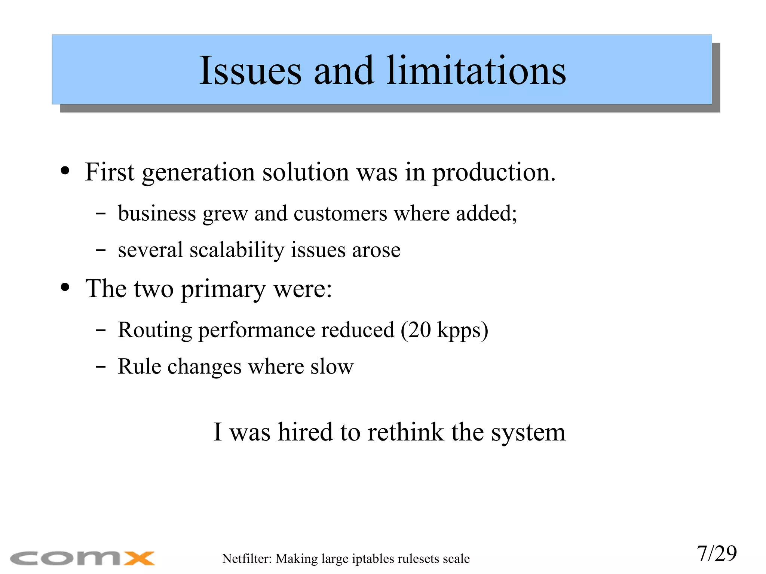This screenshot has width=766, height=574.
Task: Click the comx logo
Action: click(82, 558)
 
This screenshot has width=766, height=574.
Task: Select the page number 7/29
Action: click(716, 553)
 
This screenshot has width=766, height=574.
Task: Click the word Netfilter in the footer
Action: click(247, 558)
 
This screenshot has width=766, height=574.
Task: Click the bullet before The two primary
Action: click(65, 288)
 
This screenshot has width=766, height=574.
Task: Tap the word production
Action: click(494, 173)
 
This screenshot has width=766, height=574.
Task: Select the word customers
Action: click(340, 214)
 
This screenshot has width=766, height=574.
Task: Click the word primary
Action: click(223, 290)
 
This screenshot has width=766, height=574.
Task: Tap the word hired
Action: click(305, 432)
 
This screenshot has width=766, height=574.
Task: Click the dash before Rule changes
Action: click(100, 366)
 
